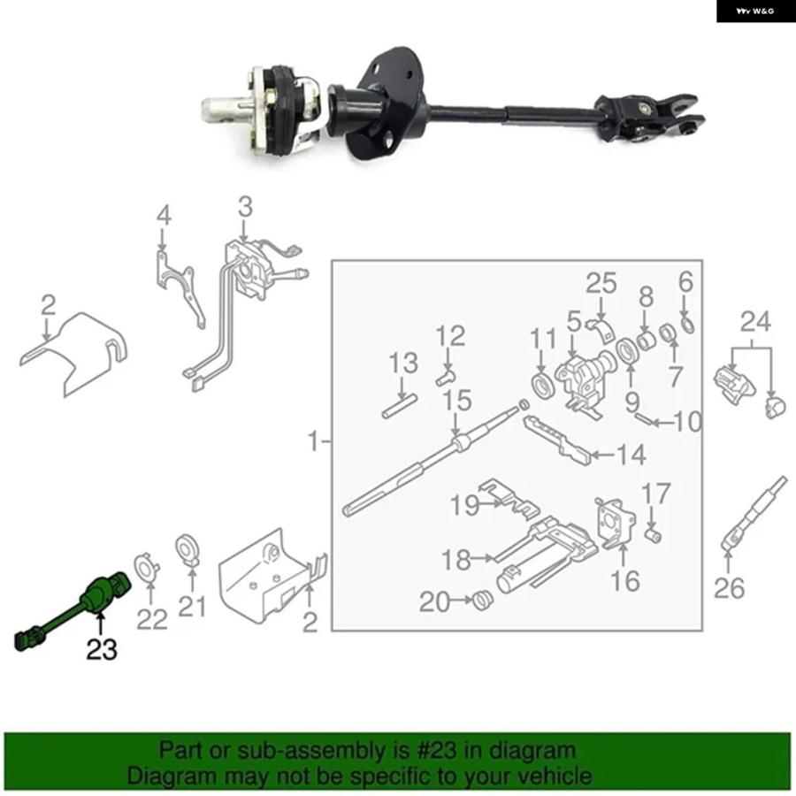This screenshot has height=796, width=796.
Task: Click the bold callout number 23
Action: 102,649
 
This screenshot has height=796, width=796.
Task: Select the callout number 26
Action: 729,588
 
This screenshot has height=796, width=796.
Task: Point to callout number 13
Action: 403,363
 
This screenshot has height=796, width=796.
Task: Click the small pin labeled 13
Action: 400,406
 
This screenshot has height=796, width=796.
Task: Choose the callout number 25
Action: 601,283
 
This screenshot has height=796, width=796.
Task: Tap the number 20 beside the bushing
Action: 434,602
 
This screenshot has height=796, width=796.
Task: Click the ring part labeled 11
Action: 545,387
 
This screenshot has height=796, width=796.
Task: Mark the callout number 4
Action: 164,216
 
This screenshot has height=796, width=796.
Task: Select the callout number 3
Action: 245,207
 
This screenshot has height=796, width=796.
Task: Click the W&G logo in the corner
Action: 755,11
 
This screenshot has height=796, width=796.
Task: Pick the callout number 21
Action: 192,607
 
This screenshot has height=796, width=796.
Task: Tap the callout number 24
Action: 755,321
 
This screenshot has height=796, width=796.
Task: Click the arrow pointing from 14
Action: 602,455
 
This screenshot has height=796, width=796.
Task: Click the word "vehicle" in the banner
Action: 557,777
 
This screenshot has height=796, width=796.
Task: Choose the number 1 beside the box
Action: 314,441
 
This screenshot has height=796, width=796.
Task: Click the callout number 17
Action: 656,494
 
